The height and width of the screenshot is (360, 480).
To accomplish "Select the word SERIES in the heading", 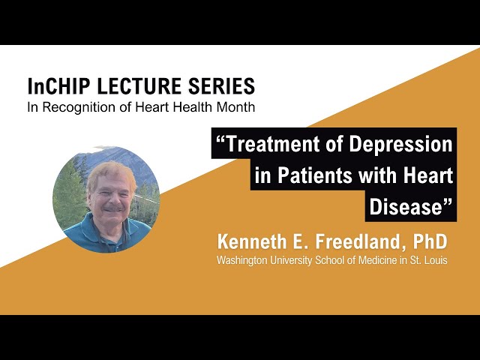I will coord(223,85).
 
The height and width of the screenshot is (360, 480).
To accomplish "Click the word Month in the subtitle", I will coord(236,107).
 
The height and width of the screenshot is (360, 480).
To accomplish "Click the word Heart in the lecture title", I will coord(430,176).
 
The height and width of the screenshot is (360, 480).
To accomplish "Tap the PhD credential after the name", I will coord(430,242).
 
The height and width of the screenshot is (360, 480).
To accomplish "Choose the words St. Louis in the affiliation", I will coord(430,261).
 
